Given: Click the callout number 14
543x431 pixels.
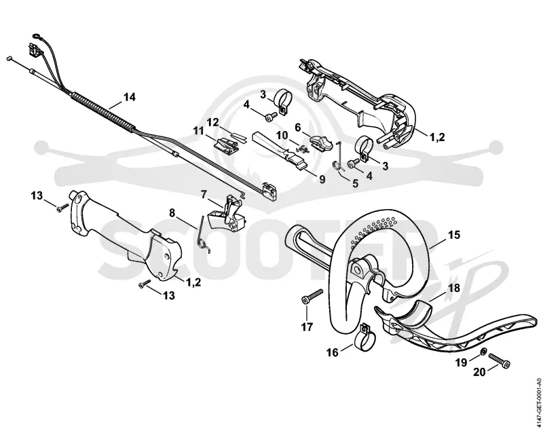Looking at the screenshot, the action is point(129,97).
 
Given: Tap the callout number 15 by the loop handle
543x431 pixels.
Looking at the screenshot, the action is point(454,235).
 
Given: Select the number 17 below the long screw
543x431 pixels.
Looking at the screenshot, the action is point(307,326).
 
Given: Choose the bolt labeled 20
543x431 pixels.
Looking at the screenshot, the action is point(500,360).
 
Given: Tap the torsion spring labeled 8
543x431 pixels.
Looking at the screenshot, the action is point(203,234).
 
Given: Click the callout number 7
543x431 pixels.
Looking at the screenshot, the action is point(204,195).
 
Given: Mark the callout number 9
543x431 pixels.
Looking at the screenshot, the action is point(322,180).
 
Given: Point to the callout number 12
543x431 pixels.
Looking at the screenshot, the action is point(213,122).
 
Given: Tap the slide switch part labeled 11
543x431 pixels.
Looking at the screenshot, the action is point(227,144).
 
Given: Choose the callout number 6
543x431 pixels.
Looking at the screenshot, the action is point(298,128).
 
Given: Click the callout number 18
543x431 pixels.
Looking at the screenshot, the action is point(454,288).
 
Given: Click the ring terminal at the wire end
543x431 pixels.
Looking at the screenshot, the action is point(36,35).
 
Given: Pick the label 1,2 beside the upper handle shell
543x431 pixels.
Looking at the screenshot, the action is point(437,137).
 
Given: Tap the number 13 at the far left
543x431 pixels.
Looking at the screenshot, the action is point(37,196).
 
